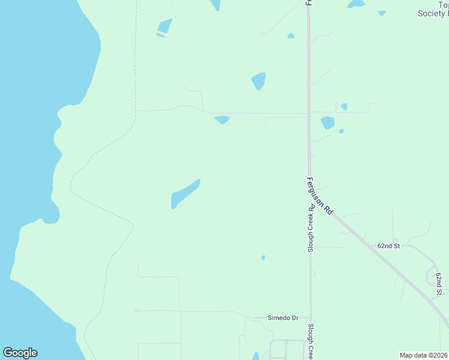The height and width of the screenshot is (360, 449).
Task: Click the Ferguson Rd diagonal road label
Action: [320, 196]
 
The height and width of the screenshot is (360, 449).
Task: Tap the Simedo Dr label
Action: [283, 317]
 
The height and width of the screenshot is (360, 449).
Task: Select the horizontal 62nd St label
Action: [388, 246]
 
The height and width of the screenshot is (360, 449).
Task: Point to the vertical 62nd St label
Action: [439, 283]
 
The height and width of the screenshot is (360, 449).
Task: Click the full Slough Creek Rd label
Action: [311, 229]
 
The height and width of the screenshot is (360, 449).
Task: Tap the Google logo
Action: [20, 353]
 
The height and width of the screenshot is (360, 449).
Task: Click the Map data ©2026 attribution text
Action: [424, 355]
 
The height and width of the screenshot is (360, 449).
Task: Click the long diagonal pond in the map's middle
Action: [185, 194]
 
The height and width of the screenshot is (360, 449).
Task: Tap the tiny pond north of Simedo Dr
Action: [263, 257]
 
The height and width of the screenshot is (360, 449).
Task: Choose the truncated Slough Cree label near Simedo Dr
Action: [311, 342]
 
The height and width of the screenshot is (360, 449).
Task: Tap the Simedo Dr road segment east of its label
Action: [304, 317]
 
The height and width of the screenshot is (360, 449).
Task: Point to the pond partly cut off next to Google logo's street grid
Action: [256, 356]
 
